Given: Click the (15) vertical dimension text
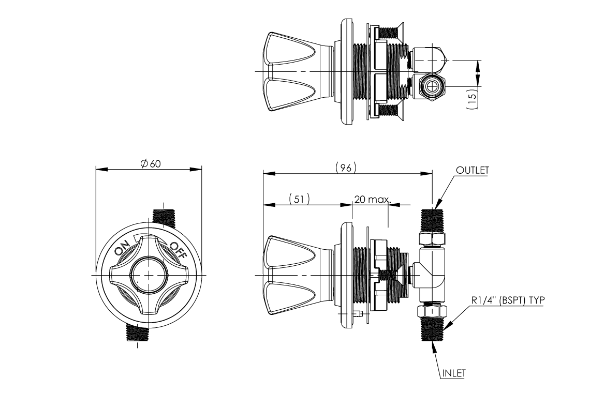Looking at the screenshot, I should click(471, 98).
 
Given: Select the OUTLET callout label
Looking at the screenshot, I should click(472, 170).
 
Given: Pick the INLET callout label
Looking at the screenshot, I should click(453, 371).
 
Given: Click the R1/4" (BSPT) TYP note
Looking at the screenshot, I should click(507, 299).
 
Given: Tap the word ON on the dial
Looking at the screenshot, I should click(122, 249).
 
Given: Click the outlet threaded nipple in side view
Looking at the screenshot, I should click(432, 220).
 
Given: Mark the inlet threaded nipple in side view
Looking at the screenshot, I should click(432, 330).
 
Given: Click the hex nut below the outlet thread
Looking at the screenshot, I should click(432, 238).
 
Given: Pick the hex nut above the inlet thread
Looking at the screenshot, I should click(432, 311).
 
